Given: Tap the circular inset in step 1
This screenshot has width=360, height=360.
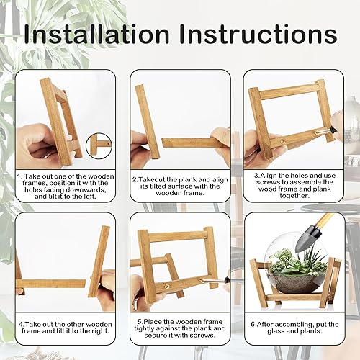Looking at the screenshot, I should coord(99,145).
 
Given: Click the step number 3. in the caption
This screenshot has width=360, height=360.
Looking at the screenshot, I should coord(256,174).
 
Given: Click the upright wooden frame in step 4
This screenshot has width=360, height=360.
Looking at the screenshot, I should coord(99,259).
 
